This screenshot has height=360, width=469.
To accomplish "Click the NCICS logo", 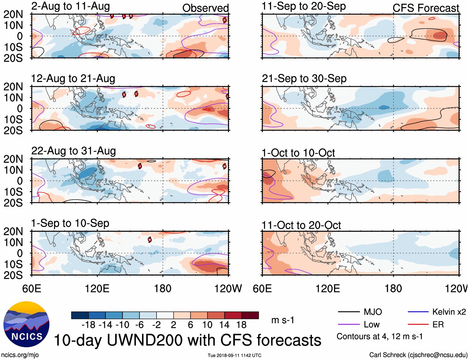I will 26,324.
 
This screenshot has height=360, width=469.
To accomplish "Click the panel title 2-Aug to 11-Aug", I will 71,6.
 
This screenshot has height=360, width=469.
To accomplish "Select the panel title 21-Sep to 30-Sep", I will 304,79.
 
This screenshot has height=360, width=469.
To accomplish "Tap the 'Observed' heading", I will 205,8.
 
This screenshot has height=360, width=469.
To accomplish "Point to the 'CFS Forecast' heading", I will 426,8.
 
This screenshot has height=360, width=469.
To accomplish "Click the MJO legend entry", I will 373,312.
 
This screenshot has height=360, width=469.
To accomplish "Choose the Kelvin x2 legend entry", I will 449,312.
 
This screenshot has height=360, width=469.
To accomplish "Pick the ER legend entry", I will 438,325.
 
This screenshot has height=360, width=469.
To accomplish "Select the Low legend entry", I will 371,325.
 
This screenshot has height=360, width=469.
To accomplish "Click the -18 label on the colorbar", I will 89,325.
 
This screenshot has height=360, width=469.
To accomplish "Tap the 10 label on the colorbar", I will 207,325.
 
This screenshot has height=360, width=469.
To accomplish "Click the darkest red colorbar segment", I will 250,315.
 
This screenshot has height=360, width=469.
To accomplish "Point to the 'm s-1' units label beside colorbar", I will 283,320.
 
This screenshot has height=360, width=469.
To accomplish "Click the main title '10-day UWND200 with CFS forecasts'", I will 188,340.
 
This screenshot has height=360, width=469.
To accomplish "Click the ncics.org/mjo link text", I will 20,355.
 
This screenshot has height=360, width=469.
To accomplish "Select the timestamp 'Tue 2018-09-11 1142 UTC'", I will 234,355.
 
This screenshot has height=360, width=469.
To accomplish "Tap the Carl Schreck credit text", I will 418,355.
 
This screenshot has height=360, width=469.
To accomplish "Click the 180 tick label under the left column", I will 163,288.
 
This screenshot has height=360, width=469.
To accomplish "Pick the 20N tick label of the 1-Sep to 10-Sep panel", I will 13,231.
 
